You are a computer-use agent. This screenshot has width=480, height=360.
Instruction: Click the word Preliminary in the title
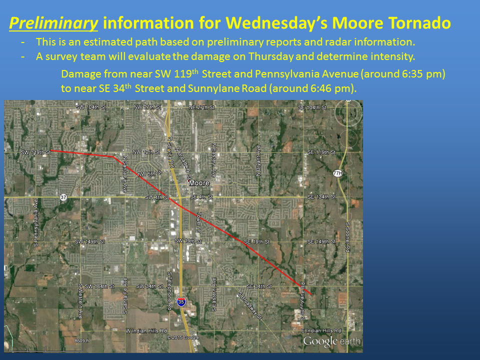coord(53,22)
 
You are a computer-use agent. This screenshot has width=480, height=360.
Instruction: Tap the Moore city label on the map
coord(199,183)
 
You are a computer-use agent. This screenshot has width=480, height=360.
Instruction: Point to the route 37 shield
coord(62,196)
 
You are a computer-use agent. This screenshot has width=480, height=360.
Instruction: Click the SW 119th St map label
coord(36,151)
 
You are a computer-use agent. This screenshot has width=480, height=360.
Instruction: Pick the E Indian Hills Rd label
coord(321,331)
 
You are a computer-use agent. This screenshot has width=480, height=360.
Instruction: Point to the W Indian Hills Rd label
coord(146,331)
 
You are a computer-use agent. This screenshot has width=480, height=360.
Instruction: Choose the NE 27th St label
coord(201,107)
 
